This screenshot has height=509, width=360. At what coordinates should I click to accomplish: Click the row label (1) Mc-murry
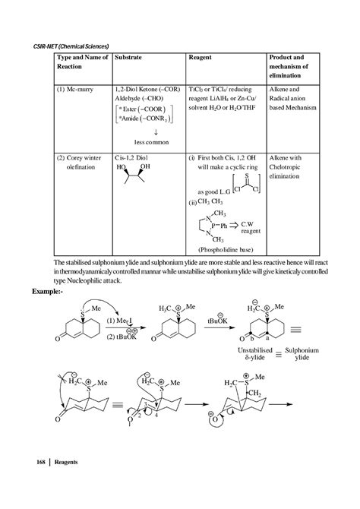point(77,90)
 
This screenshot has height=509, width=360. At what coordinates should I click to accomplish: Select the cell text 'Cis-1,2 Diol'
point(131,158)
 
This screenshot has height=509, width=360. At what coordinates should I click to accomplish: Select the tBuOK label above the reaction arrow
point(217,321)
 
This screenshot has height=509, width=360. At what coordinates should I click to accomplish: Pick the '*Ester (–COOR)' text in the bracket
point(147,111)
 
